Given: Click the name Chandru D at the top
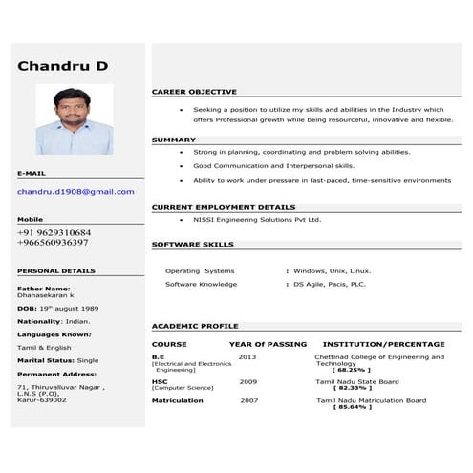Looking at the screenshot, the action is coord(63,66).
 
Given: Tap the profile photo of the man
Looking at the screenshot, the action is coord(74,118).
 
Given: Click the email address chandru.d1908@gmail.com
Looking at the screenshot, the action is coord(75,192).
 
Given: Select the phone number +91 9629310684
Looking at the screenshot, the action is coord(54,232).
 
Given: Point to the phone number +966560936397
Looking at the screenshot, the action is coord(54,243).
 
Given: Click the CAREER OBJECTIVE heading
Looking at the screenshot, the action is coord(194,92).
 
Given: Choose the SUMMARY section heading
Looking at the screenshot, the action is coord(173,140).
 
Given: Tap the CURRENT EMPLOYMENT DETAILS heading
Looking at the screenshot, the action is coord(224,207).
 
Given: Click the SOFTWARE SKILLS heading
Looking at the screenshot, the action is coord(192,245).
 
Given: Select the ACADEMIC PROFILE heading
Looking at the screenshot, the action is coord(195,326).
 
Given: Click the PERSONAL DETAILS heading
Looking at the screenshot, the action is coord(56,271).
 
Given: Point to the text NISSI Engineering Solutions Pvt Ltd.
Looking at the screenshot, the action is coord(257,219).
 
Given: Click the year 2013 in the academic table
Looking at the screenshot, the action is coord(247,356).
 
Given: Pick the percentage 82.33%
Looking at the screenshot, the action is coord(352,388).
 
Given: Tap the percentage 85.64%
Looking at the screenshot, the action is coord(352,407).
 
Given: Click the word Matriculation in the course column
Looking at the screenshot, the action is coord(177,400).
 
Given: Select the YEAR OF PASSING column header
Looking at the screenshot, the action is coord(268,344).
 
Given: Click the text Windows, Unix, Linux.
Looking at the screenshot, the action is coord(332,270).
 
